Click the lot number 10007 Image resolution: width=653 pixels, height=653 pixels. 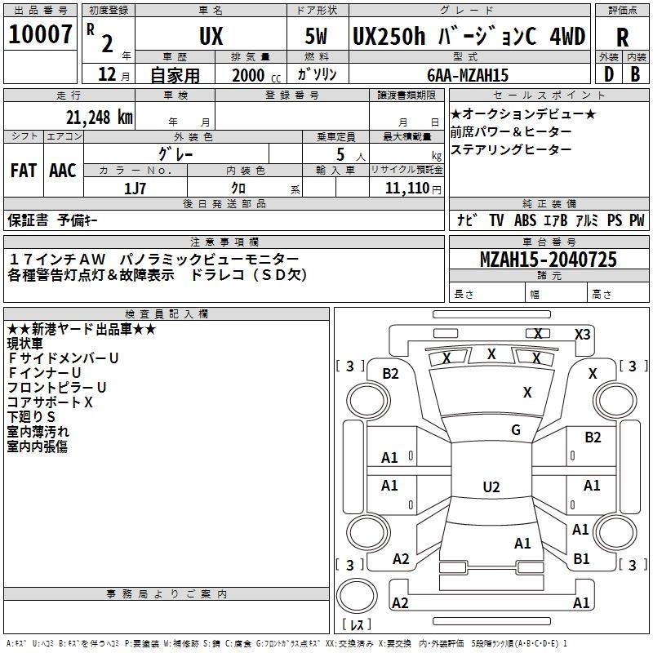click(x=41, y=34)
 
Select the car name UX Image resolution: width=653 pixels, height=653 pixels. click(x=211, y=36)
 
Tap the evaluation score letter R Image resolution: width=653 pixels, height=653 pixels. click(x=622, y=36)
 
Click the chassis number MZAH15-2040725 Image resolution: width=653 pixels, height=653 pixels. click(x=548, y=260)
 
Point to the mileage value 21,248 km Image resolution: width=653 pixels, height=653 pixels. click(x=99, y=116)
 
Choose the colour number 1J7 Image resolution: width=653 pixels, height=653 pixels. click(x=135, y=188)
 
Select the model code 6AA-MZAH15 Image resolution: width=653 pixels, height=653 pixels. click(x=468, y=75)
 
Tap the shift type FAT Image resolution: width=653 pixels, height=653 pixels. click(x=23, y=171)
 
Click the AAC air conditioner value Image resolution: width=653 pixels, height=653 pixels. click(x=63, y=171)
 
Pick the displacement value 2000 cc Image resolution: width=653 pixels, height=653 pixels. click(x=249, y=75)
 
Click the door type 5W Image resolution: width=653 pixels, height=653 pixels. click(x=317, y=36)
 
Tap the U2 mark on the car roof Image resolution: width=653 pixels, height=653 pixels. click(x=491, y=487)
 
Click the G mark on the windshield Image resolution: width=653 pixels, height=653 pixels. click(x=516, y=430)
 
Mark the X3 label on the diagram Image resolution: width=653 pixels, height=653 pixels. click(x=582, y=334)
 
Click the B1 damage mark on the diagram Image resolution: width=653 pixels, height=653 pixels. click(x=581, y=559)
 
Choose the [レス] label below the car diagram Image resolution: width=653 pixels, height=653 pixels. click(x=356, y=626)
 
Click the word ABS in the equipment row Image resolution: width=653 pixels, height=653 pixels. click(x=526, y=220)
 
